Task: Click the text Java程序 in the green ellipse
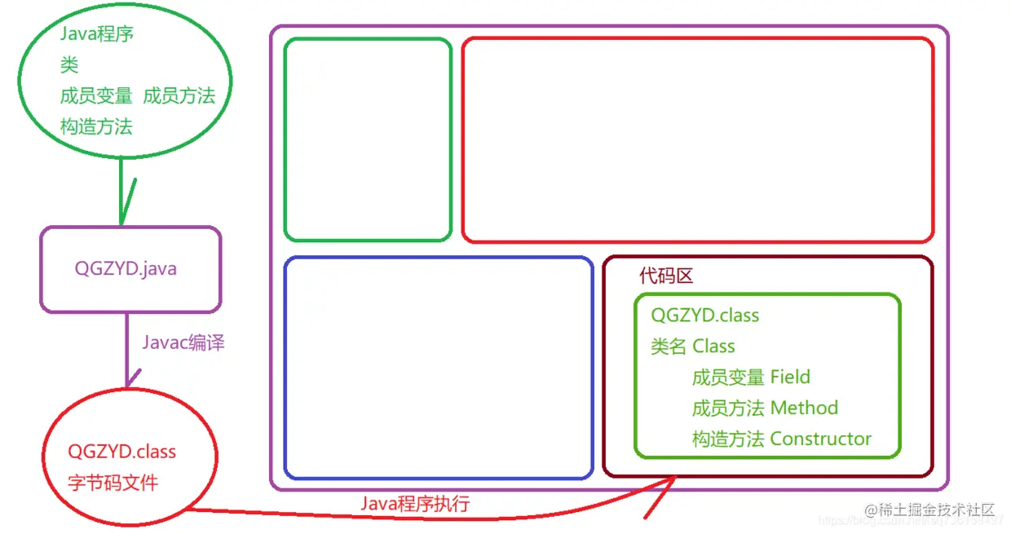pyautogui.click(x=96, y=34)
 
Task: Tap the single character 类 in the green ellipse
pyautogui.click(x=69, y=65)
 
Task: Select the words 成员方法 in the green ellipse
pyautogui.click(x=179, y=96)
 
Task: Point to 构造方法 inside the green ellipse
pyautogui.click(x=96, y=127)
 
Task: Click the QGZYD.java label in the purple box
pyautogui.click(x=126, y=269)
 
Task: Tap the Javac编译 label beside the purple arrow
pyautogui.click(x=183, y=343)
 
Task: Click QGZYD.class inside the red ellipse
pyautogui.click(x=122, y=452)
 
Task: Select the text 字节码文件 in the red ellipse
pyautogui.click(x=113, y=483)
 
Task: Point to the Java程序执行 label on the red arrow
pyautogui.click(x=415, y=504)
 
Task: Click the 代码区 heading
pyautogui.click(x=666, y=276)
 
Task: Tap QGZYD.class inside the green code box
pyautogui.click(x=705, y=316)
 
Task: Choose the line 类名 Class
pyautogui.click(x=693, y=346)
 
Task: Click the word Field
pyautogui.click(x=790, y=377)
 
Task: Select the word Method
pyautogui.click(x=804, y=408)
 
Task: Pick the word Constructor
pyautogui.click(x=820, y=439)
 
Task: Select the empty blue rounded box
pyautogui.click(x=438, y=368)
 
